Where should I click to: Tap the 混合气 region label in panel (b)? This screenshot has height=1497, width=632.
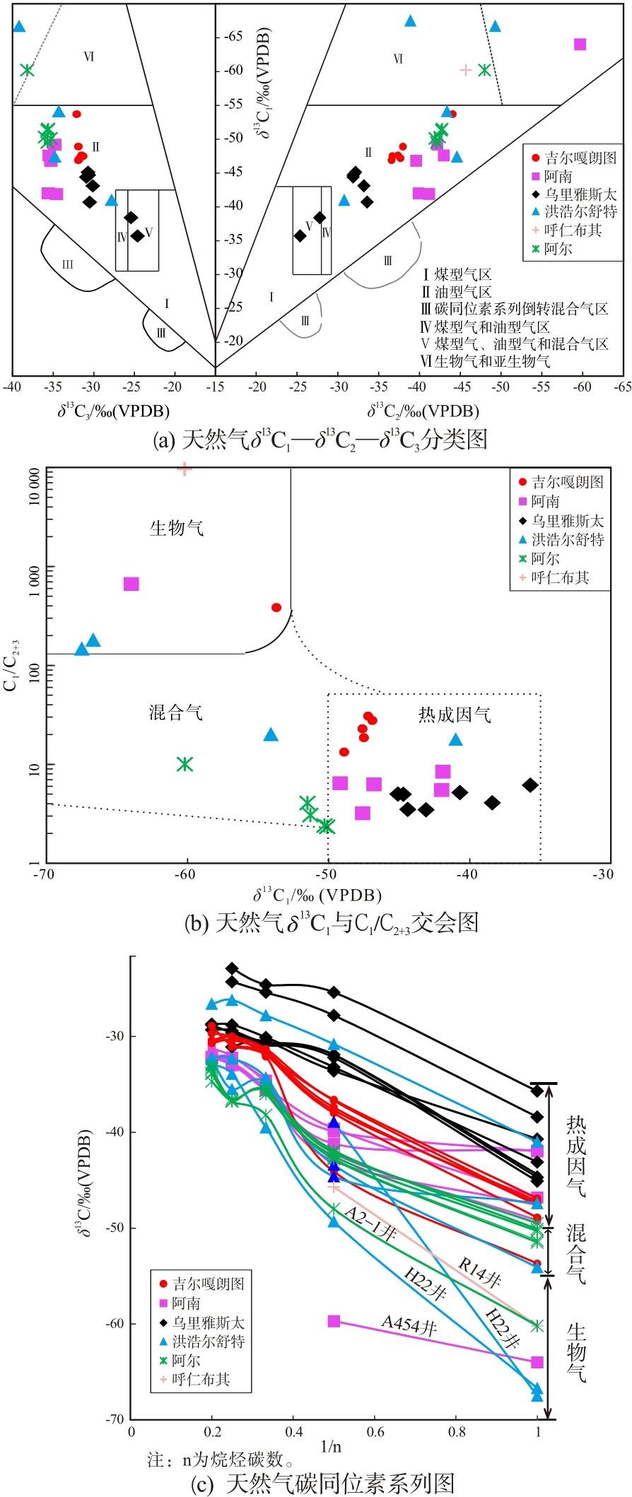[x=176, y=712]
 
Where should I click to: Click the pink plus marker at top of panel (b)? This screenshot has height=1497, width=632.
[x=185, y=468]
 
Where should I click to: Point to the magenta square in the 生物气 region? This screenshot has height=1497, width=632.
[x=131, y=584]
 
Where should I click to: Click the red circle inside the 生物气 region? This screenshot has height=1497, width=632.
[x=276, y=607]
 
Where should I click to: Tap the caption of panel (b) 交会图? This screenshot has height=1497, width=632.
[x=331, y=922]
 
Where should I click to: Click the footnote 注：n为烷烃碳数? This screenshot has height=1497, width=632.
[x=220, y=1460]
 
